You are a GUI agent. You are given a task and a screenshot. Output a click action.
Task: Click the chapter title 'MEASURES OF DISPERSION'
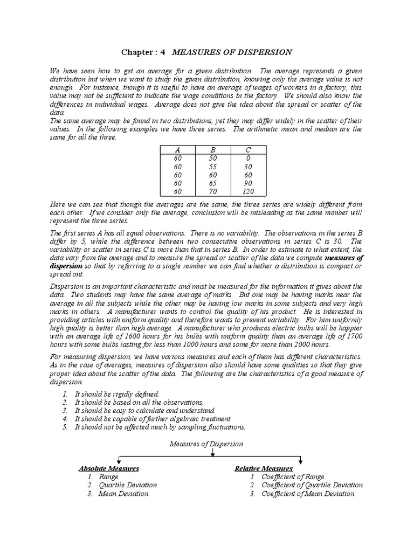(232, 52)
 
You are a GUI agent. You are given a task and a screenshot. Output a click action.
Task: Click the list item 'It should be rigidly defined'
(116, 394)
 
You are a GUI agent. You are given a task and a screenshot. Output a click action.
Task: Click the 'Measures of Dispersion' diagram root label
(206, 444)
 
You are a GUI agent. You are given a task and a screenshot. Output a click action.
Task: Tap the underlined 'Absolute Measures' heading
(109, 468)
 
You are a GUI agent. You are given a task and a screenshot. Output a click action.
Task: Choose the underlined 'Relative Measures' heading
(263, 468)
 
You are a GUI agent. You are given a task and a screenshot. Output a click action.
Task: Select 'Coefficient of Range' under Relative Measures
(293, 477)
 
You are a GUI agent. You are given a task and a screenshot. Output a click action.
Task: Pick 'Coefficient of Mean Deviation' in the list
(307, 493)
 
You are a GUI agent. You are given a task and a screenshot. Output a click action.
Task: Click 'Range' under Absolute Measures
(109, 477)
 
